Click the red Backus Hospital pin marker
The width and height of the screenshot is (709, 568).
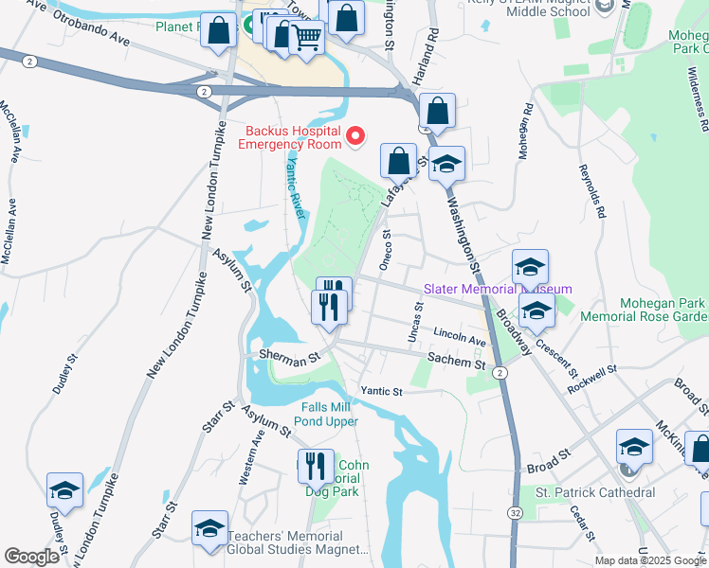356,137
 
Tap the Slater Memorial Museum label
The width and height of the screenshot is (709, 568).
498,289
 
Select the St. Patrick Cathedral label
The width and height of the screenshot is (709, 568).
595,492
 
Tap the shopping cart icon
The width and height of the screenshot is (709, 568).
307,38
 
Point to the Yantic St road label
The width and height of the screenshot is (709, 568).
381,391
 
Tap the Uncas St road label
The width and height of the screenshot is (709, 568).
414,322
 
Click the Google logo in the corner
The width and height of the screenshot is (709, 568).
31,557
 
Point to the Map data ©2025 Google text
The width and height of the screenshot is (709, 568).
650,560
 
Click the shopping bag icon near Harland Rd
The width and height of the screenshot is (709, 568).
437,112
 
